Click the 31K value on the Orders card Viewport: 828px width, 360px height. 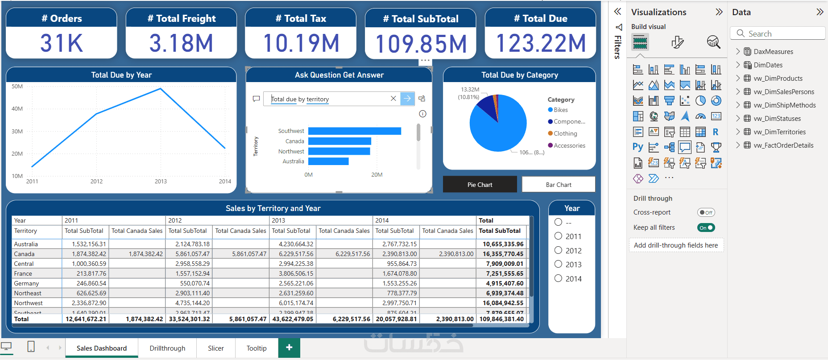62,43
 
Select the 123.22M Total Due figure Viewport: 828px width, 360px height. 541,43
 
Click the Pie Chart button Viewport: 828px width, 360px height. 480,185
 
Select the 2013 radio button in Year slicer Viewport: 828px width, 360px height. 558,264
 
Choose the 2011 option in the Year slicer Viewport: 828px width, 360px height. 558,236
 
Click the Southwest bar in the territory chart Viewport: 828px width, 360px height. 354,131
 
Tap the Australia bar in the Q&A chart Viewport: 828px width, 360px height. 328,161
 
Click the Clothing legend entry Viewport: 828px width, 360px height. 565,133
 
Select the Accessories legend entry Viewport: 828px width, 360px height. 569,145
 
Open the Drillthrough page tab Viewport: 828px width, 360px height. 167,348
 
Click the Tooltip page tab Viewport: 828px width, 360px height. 257,348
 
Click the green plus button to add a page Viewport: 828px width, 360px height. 289,348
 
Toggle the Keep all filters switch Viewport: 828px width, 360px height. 706,228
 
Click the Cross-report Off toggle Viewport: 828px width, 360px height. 706,212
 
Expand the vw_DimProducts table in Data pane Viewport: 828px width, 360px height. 738,79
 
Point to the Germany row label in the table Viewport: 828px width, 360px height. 27,283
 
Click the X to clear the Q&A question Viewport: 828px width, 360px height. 393,99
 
